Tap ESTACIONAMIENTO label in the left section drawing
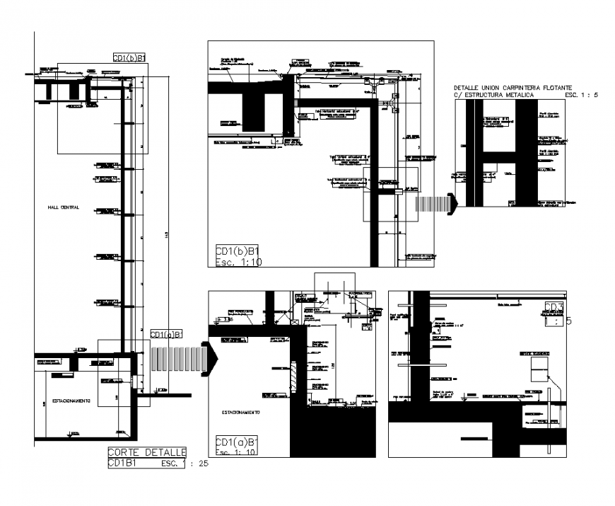(70, 401)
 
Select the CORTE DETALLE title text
(146, 452)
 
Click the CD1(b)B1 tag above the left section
(129, 58)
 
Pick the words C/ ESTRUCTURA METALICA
(496, 94)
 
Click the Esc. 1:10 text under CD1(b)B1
(238, 261)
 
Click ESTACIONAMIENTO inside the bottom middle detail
(241, 412)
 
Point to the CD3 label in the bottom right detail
(553, 307)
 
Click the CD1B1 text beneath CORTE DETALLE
(122, 464)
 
